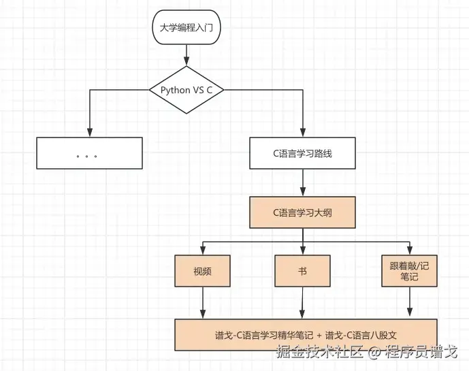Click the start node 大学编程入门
(x=186, y=29)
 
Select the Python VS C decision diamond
(x=186, y=90)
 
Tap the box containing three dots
(x=89, y=153)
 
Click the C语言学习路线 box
(x=302, y=153)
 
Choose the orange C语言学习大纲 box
(x=302, y=212)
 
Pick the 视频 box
(x=203, y=270)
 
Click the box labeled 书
(x=302, y=270)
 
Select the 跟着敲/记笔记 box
(x=409, y=270)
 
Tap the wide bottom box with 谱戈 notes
(x=305, y=334)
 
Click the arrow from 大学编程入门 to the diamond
(x=186, y=55)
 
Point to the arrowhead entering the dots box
(x=89, y=132)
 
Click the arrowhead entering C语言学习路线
(x=302, y=132)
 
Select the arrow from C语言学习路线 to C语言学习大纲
(x=302, y=182)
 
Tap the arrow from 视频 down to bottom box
(x=203, y=302)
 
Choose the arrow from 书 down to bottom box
(x=302, y=302)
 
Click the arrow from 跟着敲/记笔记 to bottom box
(x=409, y=302)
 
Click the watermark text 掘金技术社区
(x=319, y=353)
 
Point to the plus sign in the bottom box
(x=318, y=335)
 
